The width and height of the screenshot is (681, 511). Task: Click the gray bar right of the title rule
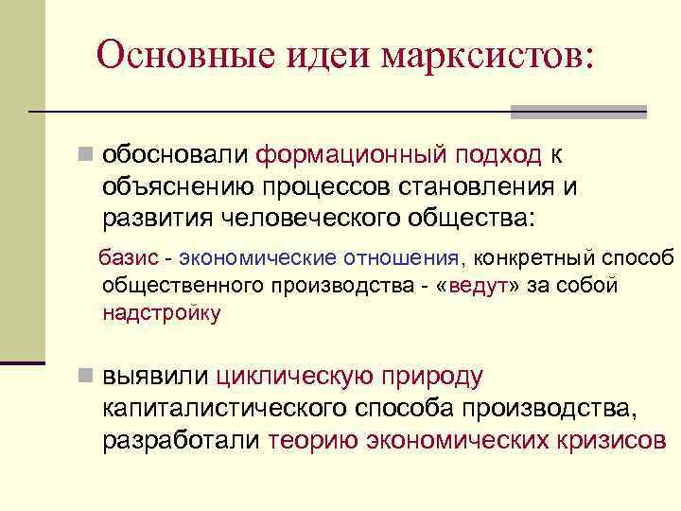click(578, 112)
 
